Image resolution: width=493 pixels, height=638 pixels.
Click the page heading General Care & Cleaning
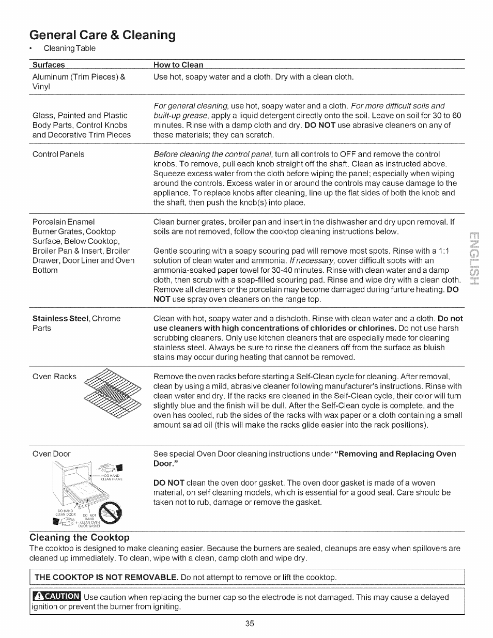(102, 35)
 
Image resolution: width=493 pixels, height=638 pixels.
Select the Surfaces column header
(49, 65)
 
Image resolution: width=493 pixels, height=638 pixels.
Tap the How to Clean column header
(178, 65)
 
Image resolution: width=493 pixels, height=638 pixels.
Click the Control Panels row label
(58, 154)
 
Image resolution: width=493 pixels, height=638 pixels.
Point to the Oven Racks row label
(54, 376)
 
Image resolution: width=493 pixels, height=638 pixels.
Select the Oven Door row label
(51, 454)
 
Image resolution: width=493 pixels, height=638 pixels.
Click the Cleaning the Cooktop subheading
(79, 537)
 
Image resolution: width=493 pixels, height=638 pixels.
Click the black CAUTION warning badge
(56, 597)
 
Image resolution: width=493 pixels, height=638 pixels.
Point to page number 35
(250, 624)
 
